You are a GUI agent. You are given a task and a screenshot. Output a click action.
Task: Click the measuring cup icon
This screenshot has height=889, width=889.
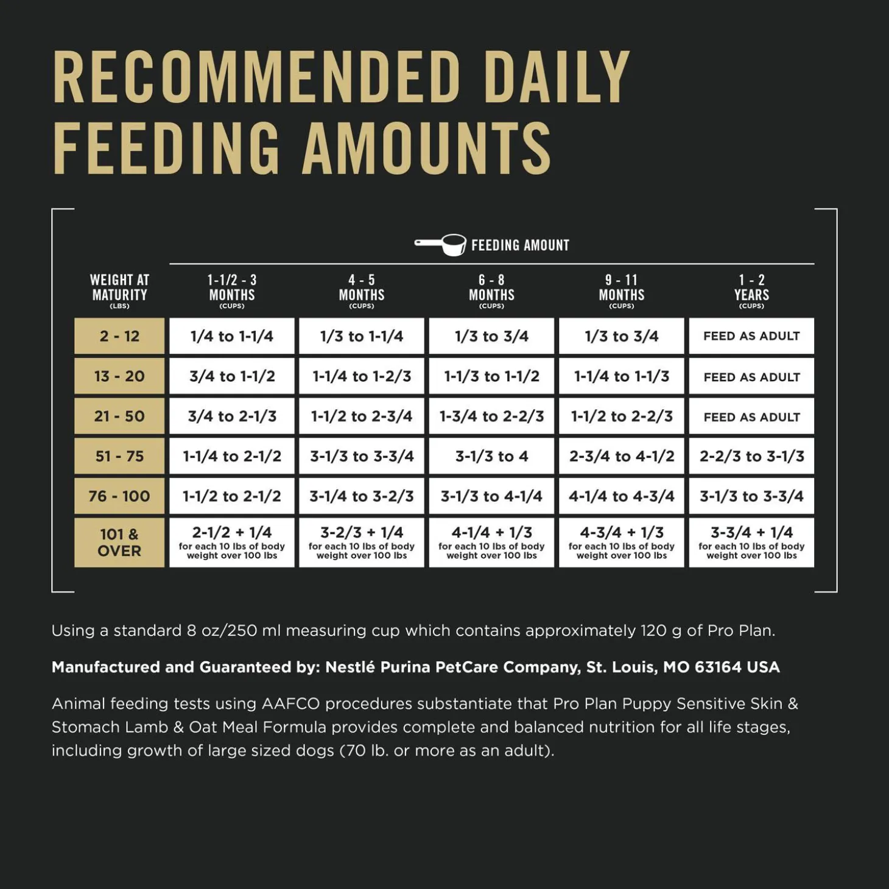pyautogui.click(x=441, y=244)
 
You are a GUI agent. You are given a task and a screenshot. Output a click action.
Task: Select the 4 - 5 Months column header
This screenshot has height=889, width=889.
pyautogui.click(x=362, y=290)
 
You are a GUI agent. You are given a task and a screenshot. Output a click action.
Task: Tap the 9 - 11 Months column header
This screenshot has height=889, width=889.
pyautogui.click(x=622, y=290)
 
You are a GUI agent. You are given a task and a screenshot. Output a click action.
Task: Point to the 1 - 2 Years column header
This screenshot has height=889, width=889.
pyautogui.click(x=751, y=290)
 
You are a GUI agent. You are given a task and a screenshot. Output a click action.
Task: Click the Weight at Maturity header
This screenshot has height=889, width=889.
pyautogui.click(x=119, y=290)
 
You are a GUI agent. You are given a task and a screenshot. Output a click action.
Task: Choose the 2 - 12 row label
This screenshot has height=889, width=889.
pyautogui.click(x=119, y=336)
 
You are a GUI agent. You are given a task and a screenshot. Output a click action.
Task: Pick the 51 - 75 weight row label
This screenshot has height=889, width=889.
pyautogui.click(x=119, y=456)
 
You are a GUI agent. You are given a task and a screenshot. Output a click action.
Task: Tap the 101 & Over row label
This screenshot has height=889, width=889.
pyautogui.click(x=119, y=543)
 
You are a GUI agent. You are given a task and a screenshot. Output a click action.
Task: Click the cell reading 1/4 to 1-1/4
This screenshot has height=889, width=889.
pyautogui.click(x=232, y=336)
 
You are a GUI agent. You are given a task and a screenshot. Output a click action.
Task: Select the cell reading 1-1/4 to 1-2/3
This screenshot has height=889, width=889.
pyautogui.click(x=362, y=376)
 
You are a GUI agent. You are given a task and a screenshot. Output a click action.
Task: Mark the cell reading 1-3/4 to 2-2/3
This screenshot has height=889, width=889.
pyautogui.click(x=492, y=416)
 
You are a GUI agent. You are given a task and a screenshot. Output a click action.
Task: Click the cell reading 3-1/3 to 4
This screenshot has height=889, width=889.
pyautogui.click(x=492, y=456)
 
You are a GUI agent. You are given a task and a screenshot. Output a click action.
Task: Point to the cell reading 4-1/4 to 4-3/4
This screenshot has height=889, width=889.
pyautogui.click(x=622, y=496)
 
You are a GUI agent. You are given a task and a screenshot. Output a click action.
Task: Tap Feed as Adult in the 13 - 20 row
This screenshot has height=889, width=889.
pyautogui.click(x=751, y=377)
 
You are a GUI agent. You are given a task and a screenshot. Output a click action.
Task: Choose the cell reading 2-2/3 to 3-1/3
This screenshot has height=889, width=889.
pyautogui.click(x=751, y=456)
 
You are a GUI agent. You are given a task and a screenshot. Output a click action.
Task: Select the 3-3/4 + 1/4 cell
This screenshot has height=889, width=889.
pyautogui.click(x=751, y=542)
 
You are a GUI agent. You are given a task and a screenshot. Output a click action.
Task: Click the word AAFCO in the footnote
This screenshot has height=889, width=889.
pyautogui.click(x=290, y=704)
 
